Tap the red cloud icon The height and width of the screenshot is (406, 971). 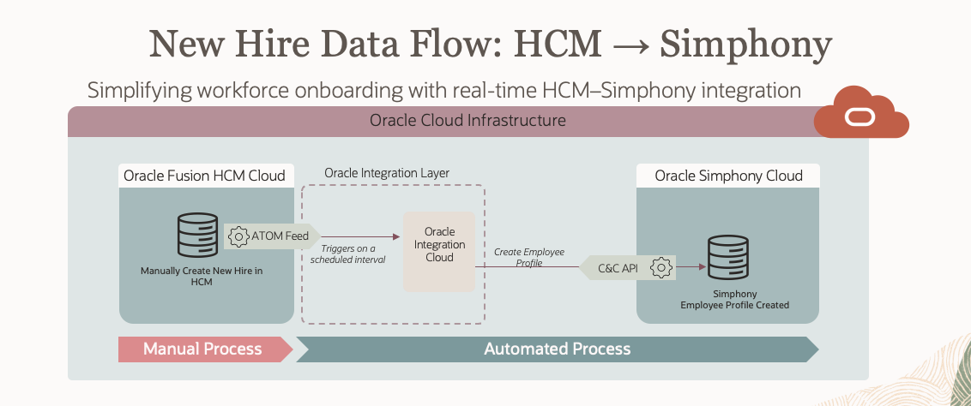[860, 114]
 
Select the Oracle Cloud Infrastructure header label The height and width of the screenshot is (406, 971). [467, 120]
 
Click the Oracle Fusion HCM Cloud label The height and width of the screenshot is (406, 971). [204, 176]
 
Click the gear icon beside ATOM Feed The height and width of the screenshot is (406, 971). [238, 236]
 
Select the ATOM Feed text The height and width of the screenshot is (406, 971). [280, 236]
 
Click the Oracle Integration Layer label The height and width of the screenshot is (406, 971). [387, 173]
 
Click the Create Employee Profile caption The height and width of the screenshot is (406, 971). [528, 257]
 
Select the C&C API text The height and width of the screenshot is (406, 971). [618, 268]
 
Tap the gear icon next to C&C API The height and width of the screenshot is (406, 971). [660, 268]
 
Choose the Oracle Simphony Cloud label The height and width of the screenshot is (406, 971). [728, 176]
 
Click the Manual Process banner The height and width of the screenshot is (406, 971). [202, 349]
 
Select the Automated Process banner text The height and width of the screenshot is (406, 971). [557, 349]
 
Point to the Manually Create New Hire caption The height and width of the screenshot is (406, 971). [201, 276]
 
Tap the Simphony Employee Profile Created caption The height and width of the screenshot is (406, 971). [734, 299]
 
